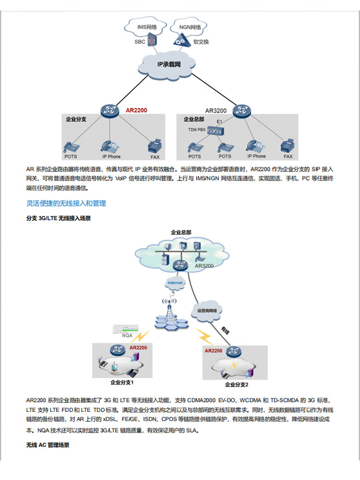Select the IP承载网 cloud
pyautogui.click(x=169, y=64)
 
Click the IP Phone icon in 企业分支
pyautogui.click(x=109, y=146)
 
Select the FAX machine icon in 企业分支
pyautogui.click(x=154, y=146)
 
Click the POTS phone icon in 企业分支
pyautogui.click(x=71, y=146)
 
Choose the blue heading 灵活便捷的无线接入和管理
pyautogui.click(x=66, y=204)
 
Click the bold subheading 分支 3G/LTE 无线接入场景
pyautogui.click(x=59, y=218)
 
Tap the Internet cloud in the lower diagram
pyautogui.click(x=175, y=283)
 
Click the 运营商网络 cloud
pyautogui.click(x=207, y=311)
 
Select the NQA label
pyautogui.click(x=128, y=336)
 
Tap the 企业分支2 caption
pyautogui.click(x=237, y=384)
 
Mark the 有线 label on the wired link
pyautogui.click(x=225, y=330)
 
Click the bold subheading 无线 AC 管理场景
pyautogui.click(x=48, y=445)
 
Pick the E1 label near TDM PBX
pyautogui.click(x=220, y=121)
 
